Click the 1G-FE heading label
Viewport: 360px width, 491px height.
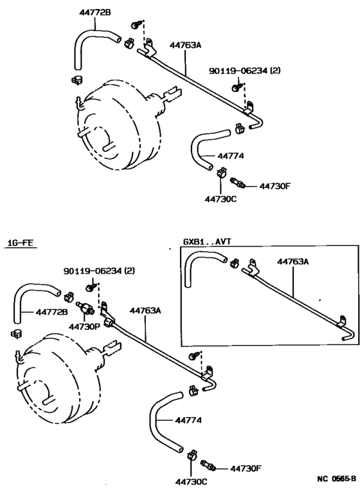(x=20, y=243)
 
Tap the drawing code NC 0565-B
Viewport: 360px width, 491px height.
(x=336, y=479)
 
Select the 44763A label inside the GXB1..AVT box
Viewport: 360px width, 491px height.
(x=292, y=262)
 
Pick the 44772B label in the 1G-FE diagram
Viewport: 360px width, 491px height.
(x=51, y=312)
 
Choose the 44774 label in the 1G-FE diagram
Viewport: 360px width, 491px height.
(x=188, y=421)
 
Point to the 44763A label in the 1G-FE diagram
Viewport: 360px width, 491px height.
(x=145, y=310)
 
